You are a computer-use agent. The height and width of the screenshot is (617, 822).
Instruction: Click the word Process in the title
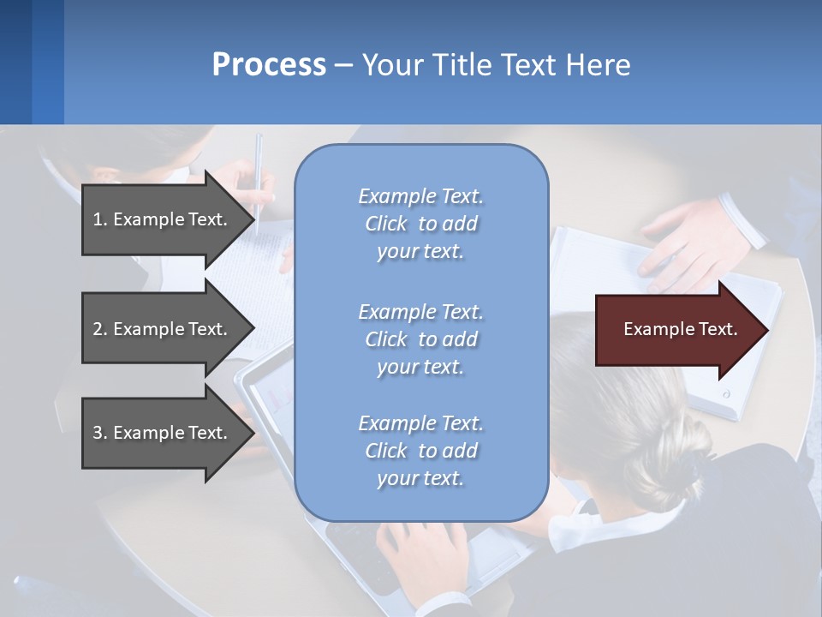pyautogui.click(x=269, y=65)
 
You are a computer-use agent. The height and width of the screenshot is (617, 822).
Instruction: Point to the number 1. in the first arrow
pyautogui.click(x=100, y=219)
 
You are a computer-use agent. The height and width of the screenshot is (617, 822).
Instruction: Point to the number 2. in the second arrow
pyautogui.click(x=100, y=329)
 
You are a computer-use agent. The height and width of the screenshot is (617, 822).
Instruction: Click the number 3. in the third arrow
pyautogui.click(x=100, y=433)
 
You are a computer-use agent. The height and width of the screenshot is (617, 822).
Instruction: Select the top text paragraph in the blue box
pyautogui.click(x=420, y=224)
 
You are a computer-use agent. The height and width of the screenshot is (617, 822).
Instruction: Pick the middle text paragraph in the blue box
pyautogui.click(x=420, y=339)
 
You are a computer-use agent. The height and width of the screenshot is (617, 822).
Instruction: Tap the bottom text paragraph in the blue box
pyautogui.click(x=420, y=451)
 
